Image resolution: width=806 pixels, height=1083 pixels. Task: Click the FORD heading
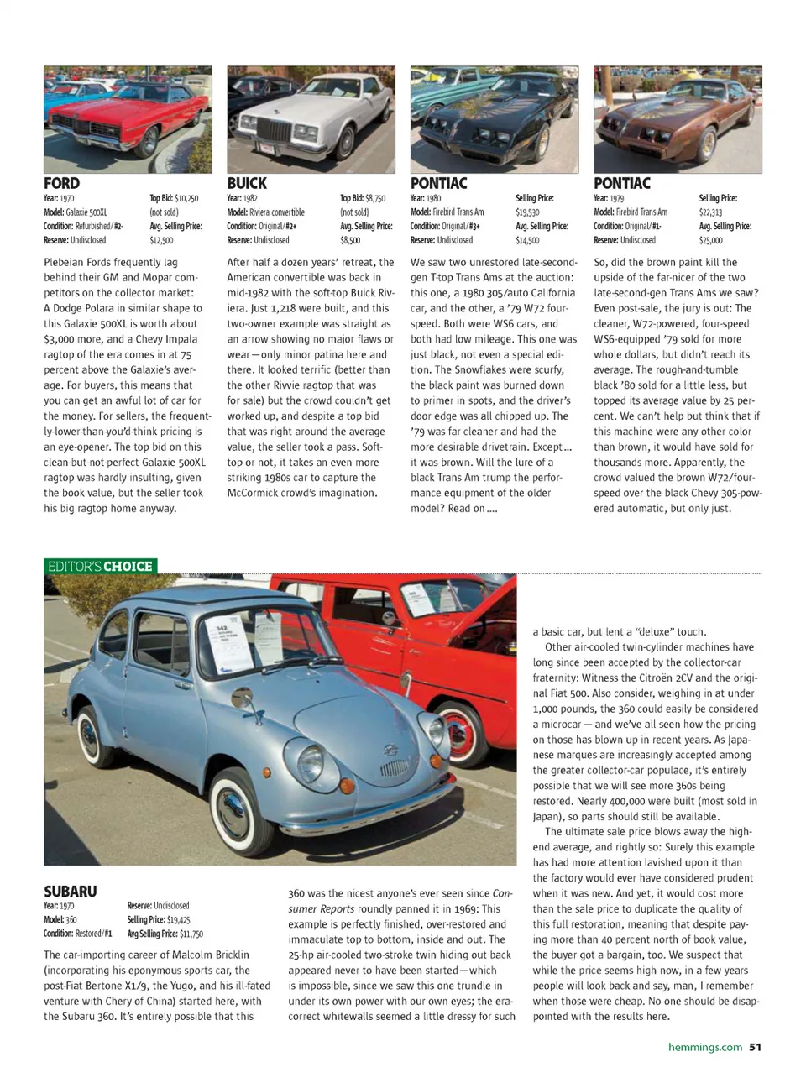(x=62, y=183)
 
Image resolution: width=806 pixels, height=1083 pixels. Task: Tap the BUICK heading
(x=247, y=183)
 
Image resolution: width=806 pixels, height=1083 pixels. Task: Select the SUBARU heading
(x=71, y=891)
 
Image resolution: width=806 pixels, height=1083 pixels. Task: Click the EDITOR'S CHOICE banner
(x=100, y=566)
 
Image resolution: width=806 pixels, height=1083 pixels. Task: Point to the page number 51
(x=755, y=1047)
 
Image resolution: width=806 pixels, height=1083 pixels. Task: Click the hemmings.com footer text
(x=704, y=1047)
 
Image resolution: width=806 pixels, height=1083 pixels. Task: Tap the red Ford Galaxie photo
(x=128, y=120)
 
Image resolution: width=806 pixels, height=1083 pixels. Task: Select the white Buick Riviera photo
(x=311, y=120)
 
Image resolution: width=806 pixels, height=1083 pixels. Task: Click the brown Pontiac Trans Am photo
(x=678, y=120)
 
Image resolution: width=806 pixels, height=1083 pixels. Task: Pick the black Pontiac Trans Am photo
(x=494, y=120)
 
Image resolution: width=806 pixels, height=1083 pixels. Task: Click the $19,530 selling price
(x=527, y=212)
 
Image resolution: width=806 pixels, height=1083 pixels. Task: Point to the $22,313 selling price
(x=710, y=212)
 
